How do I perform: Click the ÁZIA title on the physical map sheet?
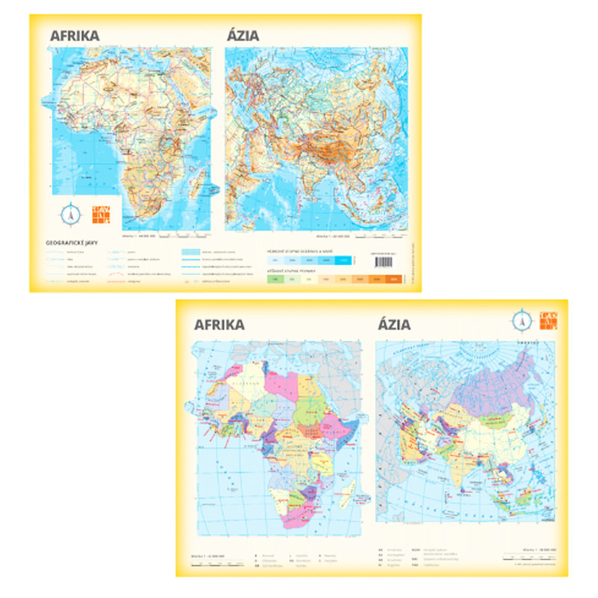(242, 34)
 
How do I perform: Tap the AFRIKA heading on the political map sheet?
(219, 324)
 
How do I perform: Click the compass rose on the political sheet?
(522, 320)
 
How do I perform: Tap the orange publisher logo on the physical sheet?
(99, 213)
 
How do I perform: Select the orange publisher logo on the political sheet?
(548, 320)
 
